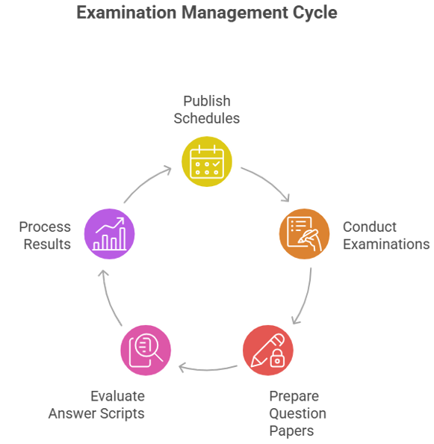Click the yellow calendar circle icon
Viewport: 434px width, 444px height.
tap(207, 161)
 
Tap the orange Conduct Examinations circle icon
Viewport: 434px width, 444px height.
tap(305, 234)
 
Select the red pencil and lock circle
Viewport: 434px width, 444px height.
tap(268, 351)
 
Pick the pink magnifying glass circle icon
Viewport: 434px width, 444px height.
tap(146, 351)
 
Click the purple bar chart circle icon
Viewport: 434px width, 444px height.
tap(110, 234)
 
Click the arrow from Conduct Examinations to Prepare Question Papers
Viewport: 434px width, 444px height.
tap(306, 297)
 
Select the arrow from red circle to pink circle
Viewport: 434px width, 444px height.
tap(208, 369)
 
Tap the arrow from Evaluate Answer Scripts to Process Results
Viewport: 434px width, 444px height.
tap(108, 297)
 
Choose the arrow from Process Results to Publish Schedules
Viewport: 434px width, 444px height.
tap(145, 181)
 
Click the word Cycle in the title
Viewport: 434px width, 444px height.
tap(315, 13)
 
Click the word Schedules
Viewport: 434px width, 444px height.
tap(207, 118)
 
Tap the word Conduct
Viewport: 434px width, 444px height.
tap(370, 227)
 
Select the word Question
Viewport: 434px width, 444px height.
tap(297, 413)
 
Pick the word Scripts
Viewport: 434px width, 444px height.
tap(123, 413)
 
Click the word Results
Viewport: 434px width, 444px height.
tap(47, 244)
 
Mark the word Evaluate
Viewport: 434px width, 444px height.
tap(118, 396)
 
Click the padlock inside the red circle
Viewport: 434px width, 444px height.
tap(277, 358)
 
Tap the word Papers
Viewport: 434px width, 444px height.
tap(291, 431)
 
